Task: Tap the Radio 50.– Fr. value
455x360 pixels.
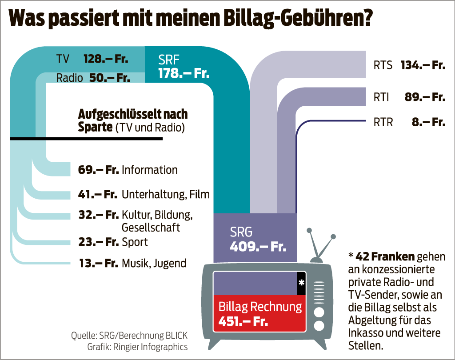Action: tap(109, 78)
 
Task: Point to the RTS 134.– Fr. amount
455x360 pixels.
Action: tap(423, 65)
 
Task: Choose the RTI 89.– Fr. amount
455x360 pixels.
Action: tap(425, 97)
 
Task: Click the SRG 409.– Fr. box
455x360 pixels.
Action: tap(255, 239)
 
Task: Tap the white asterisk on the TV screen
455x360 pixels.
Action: tap(301, 283)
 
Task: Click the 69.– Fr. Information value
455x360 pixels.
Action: tap(98, 170)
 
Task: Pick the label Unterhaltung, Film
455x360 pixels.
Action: tap(165, 194)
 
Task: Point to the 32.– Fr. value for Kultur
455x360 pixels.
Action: tap(98, 216)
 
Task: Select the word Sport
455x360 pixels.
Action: tap(135, 242)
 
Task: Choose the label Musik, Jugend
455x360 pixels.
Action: tap(154, 263)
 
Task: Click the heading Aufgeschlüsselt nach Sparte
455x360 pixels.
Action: tap(132, 120)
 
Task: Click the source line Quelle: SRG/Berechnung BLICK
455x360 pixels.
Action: tap(129, 335)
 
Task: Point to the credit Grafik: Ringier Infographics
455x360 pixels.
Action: tap(129, 347)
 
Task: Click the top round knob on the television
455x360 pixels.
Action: tap(319, 310)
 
